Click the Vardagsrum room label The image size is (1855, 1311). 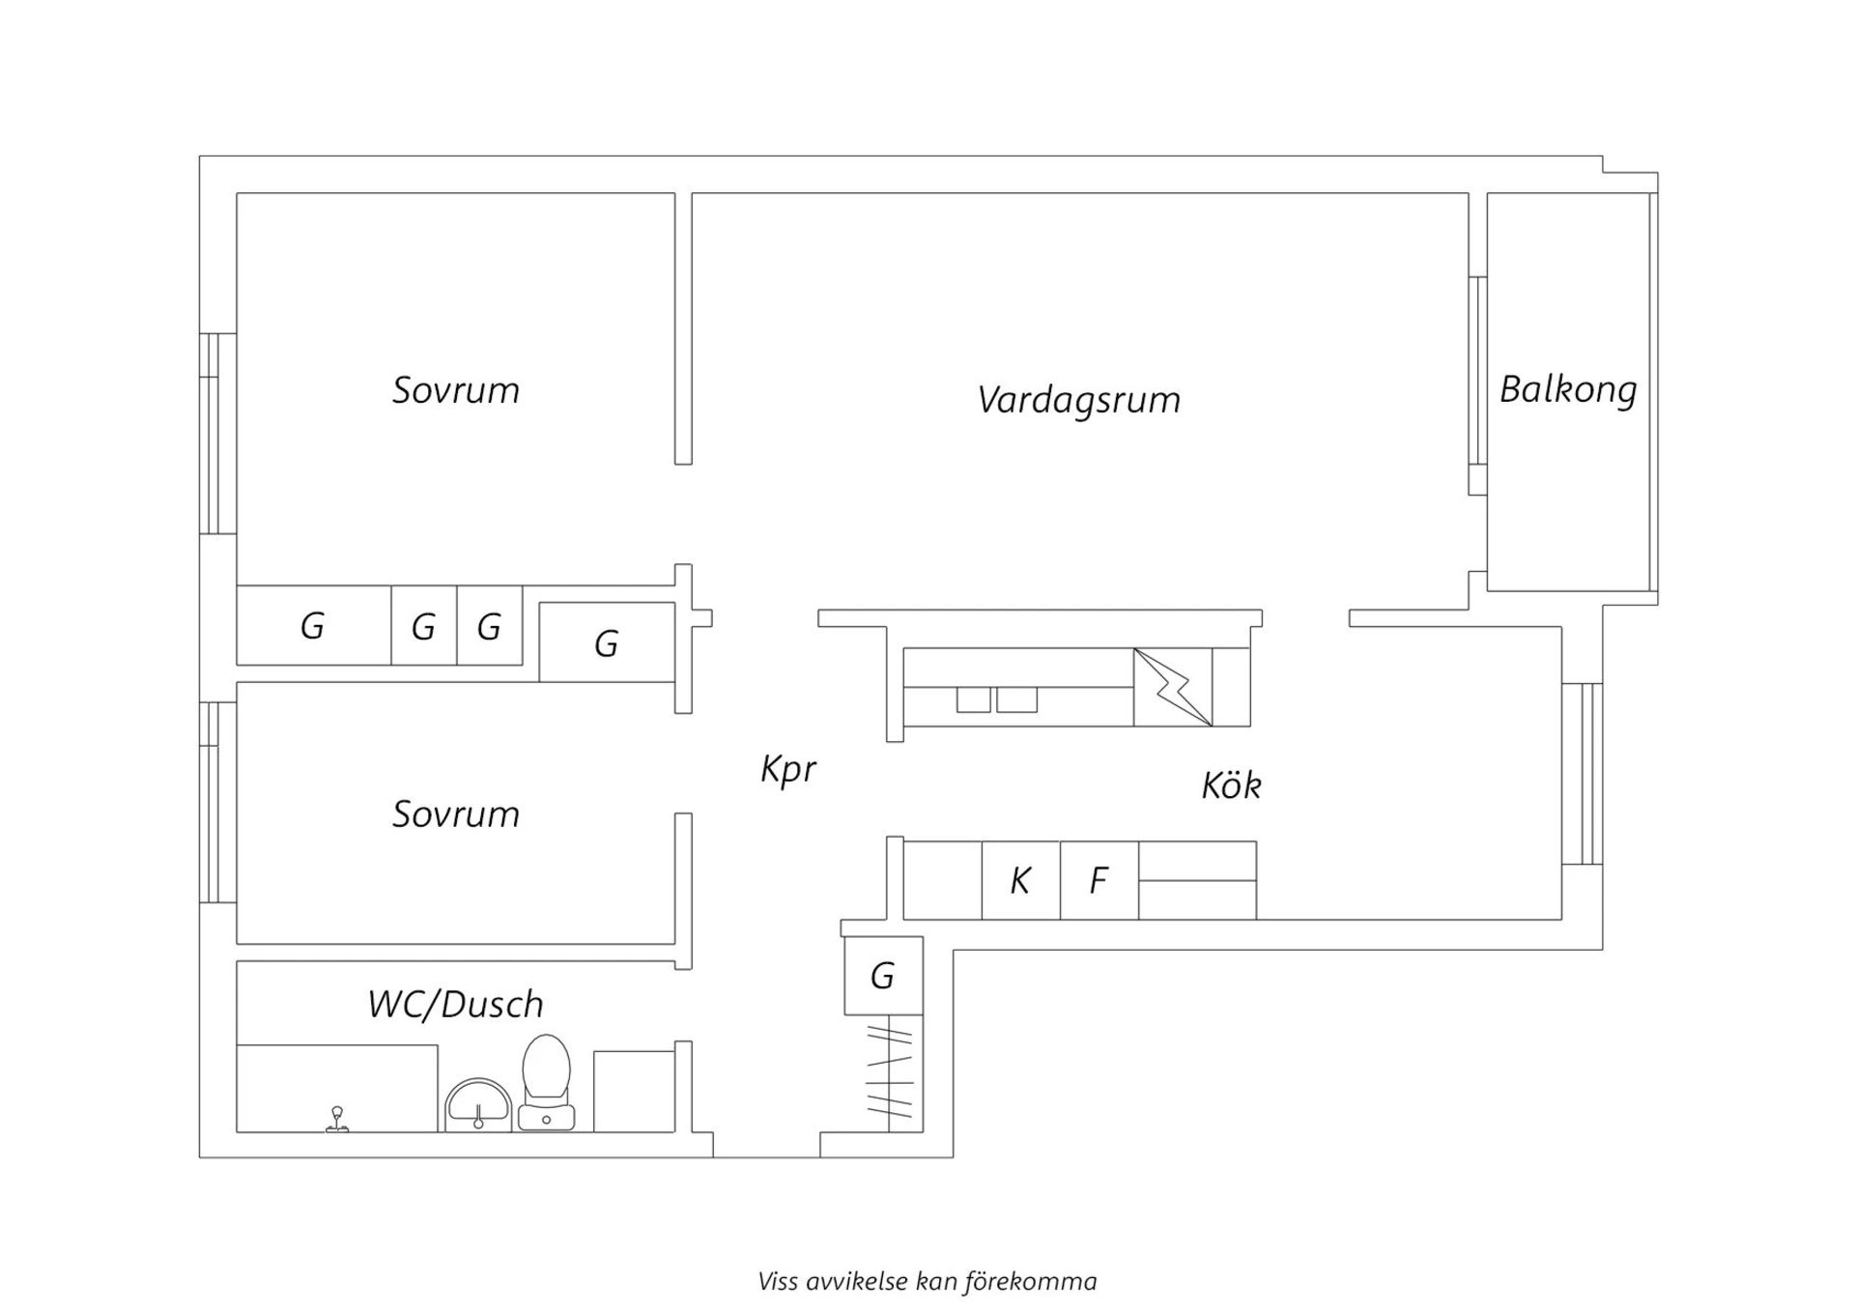pos(1078,400)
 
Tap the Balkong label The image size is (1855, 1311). pos(1568,389)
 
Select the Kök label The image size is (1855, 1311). pos(1231,784)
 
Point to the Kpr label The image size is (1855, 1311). pos(788,770)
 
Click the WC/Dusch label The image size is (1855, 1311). pos(455,1004)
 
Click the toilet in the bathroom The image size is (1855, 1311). pos(547,1082)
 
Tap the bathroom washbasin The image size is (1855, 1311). pos(478,1105)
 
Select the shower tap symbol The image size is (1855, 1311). pos(337,1119)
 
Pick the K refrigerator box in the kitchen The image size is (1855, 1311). pos(1021,880)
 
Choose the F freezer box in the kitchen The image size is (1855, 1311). pos(1099,880)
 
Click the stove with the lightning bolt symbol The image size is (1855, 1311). pos(1173,687)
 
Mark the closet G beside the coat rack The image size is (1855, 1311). pos(883,976)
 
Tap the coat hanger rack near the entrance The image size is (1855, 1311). pos(890,1072)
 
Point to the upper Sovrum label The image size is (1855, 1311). pos(455,390)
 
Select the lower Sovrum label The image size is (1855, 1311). pos(455,814)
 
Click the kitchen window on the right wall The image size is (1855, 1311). pos(1583,774)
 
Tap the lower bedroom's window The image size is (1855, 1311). pos(217,803)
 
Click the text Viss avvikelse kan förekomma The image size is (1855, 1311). pos(927,1282)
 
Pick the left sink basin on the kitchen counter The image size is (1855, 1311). pos(973,699)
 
